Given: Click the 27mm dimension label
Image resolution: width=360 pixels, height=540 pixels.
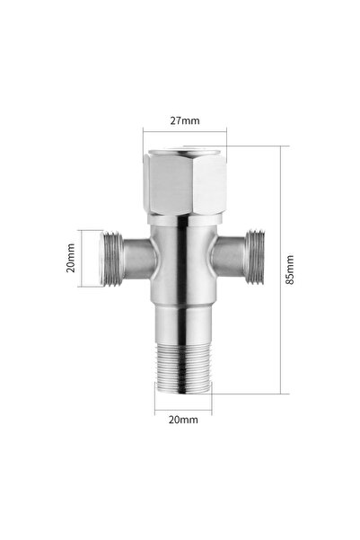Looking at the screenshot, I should pos(184,119).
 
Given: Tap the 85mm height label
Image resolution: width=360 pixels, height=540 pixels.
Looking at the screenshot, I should pos(288,269).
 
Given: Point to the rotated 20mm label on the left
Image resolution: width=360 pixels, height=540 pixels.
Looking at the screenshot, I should pos(70,259).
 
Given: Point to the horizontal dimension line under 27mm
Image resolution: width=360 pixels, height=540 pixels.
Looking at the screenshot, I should pos(184,133).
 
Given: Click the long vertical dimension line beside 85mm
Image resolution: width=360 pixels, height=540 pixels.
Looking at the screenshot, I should pos(280,270).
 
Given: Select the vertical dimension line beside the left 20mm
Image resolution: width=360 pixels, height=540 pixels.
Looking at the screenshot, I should pos(83,259).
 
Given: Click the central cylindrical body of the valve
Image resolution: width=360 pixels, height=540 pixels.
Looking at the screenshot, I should pos(182,261).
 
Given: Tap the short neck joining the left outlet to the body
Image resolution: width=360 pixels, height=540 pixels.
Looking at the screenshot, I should pos(136,260).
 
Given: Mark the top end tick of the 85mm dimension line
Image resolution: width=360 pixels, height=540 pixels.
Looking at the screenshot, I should pos(280,146).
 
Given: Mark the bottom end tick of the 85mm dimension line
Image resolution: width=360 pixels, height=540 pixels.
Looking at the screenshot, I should pos(280,394).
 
